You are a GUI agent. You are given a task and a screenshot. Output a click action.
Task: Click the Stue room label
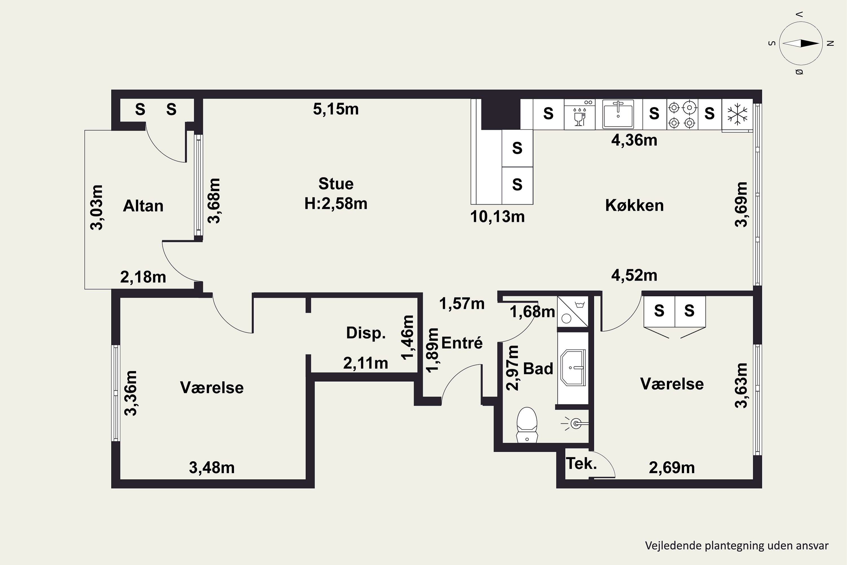(336, 184)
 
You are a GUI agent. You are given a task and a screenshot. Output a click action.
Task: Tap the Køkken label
(634, 205)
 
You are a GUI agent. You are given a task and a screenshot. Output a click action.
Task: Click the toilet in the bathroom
(527, 425)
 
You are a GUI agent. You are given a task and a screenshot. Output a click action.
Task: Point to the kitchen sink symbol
(618, 114)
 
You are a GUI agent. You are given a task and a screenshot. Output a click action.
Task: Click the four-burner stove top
(682, 114)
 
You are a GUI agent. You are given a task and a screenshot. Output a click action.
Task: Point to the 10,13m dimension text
(497, 217)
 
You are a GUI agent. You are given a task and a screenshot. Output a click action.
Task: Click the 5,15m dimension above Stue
(336, 109)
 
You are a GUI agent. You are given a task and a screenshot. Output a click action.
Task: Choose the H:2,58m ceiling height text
(336, 204)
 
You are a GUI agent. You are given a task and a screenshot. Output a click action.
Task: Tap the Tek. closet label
(581, 463)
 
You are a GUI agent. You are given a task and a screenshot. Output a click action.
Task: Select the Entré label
(462, 343)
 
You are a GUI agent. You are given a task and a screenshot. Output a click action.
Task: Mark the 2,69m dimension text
(672, 468)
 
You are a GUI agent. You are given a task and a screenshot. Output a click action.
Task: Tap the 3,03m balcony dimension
(97, 208)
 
